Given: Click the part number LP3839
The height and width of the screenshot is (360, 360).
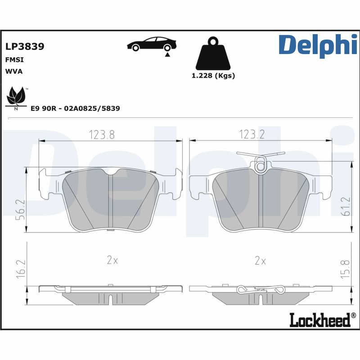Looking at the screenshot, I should [24, 46].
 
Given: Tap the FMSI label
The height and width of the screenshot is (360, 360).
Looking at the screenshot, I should [14, 59].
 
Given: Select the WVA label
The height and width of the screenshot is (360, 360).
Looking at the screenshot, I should [14, 71].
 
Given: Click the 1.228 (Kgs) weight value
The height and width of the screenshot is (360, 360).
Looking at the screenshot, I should [213, 76].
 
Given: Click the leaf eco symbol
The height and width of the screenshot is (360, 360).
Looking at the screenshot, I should [17, 96].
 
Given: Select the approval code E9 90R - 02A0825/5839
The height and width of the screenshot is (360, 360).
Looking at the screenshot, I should [75, 108].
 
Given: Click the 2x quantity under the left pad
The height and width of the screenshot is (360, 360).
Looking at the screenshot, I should [112, 261].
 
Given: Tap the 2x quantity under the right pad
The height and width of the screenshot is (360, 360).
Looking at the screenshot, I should [260, 261].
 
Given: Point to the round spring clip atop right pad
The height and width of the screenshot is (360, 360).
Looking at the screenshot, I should [260, 165].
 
